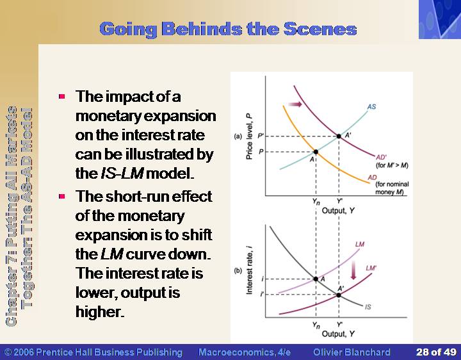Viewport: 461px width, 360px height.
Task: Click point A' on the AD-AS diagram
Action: [x=339, y=136]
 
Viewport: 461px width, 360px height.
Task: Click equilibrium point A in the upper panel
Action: [x=316, y=152]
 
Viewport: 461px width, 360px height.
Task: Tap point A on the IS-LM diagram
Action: [x=316, y=279]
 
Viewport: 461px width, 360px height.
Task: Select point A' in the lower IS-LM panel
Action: [x=339, y=295]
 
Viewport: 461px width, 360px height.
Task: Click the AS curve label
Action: [x=371, y=106]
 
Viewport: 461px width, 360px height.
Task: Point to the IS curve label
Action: [x=368, y=307]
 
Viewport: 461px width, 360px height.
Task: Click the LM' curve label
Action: [x=371, y=268]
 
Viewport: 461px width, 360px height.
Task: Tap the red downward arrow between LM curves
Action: [x=353, y=270]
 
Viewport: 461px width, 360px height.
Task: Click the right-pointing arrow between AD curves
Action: [x=295, y=104]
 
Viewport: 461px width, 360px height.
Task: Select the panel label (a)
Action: [x=238, y=136]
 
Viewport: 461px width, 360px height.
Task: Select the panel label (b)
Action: [x=238, y=271]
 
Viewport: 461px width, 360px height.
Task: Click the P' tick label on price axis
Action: [x=261, y=136]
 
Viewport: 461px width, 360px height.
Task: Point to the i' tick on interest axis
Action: [x=262, y=294]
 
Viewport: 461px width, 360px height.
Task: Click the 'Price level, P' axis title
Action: [x=249, y=136]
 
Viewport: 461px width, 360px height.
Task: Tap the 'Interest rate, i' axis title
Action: [x=249, y=270]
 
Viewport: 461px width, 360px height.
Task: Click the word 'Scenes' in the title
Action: [x=320, y=29]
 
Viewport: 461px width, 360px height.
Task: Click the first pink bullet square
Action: [x=61, y=96]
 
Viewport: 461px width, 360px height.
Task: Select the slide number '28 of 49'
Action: [x=436, y=352]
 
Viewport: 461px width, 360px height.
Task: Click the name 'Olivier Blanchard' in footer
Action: [x=352, y=352]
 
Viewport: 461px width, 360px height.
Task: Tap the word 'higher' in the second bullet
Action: [x=99, y=312]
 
